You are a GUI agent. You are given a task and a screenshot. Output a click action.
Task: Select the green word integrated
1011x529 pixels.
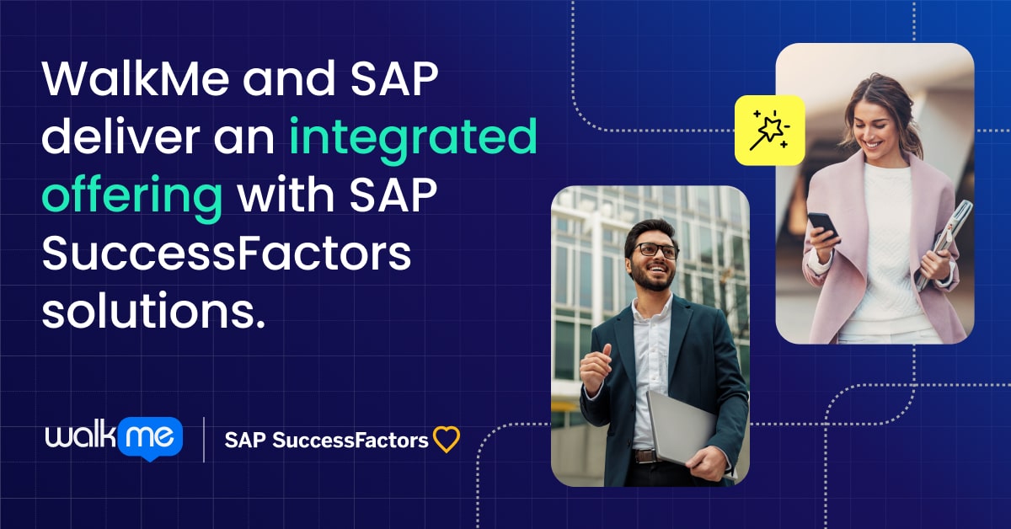pos(412,138)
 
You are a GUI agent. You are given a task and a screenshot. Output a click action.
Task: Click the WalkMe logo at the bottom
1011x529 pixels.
pos(113,437)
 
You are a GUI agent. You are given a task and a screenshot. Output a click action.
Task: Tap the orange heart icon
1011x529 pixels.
pos(446,440)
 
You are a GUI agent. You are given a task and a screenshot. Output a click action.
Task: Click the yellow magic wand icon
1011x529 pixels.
pos(769,129)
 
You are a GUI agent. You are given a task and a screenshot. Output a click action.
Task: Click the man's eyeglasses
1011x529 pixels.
pos(655,250)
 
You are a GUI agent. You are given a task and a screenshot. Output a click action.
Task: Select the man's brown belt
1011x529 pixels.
pos(645,457)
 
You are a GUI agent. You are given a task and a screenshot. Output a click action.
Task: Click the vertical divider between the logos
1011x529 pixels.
pos(204,438)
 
